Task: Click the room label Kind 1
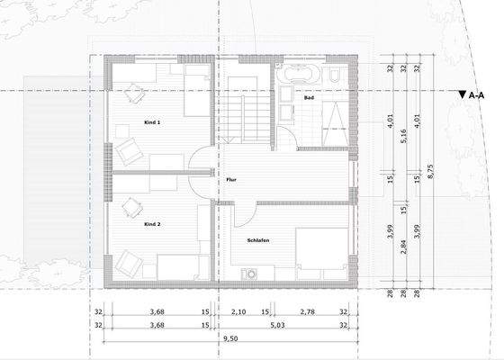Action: point(152,122)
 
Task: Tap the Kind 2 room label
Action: point(152,223)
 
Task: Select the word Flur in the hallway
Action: point(230,180)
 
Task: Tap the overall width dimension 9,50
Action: point(229,340)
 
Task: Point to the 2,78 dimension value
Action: point(308,312)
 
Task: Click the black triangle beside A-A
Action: point(462,93)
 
